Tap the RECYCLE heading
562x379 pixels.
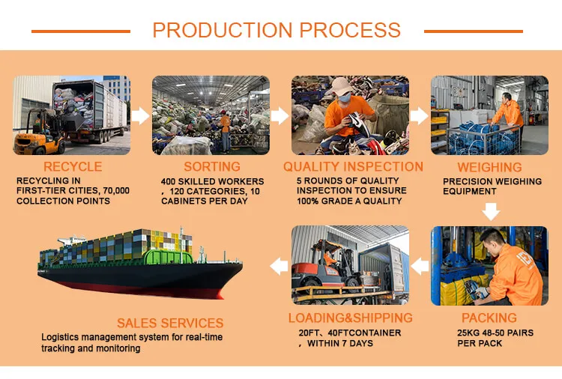click(73, 166)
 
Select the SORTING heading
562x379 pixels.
click(212, 166)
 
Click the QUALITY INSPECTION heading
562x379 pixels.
click(353, 166)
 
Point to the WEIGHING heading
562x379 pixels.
click(489, 167)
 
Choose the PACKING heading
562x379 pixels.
click(489, 318)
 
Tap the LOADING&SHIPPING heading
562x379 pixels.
click(351, 318)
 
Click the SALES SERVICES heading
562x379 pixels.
click(170, 323)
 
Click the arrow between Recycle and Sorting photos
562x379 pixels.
click(141, 115)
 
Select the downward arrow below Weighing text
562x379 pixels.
click(491, 212)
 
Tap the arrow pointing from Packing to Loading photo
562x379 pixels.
click(420, 267)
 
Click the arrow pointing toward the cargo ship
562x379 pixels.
click(279, 267)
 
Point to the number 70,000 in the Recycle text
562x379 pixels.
click(116, 190)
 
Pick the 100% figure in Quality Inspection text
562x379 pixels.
click(306, 201)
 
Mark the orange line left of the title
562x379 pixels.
click(81, 31)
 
